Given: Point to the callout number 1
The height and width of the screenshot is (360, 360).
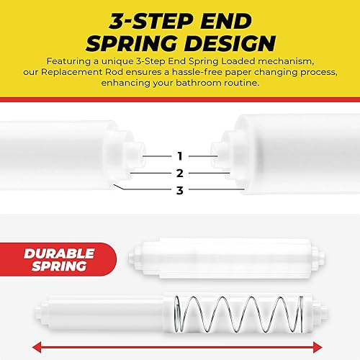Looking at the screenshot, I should (x=179, y=156).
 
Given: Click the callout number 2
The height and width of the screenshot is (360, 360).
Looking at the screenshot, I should (x=179, y=173).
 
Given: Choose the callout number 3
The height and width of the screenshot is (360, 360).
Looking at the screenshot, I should (x=179, y=190).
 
